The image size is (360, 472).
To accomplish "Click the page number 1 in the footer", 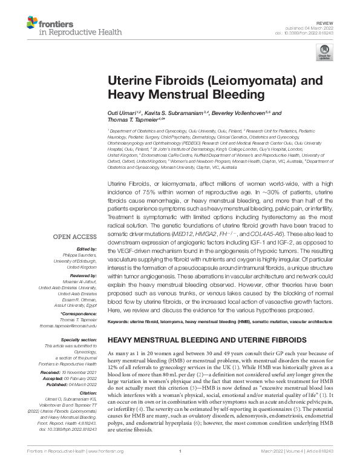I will (180, 461).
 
